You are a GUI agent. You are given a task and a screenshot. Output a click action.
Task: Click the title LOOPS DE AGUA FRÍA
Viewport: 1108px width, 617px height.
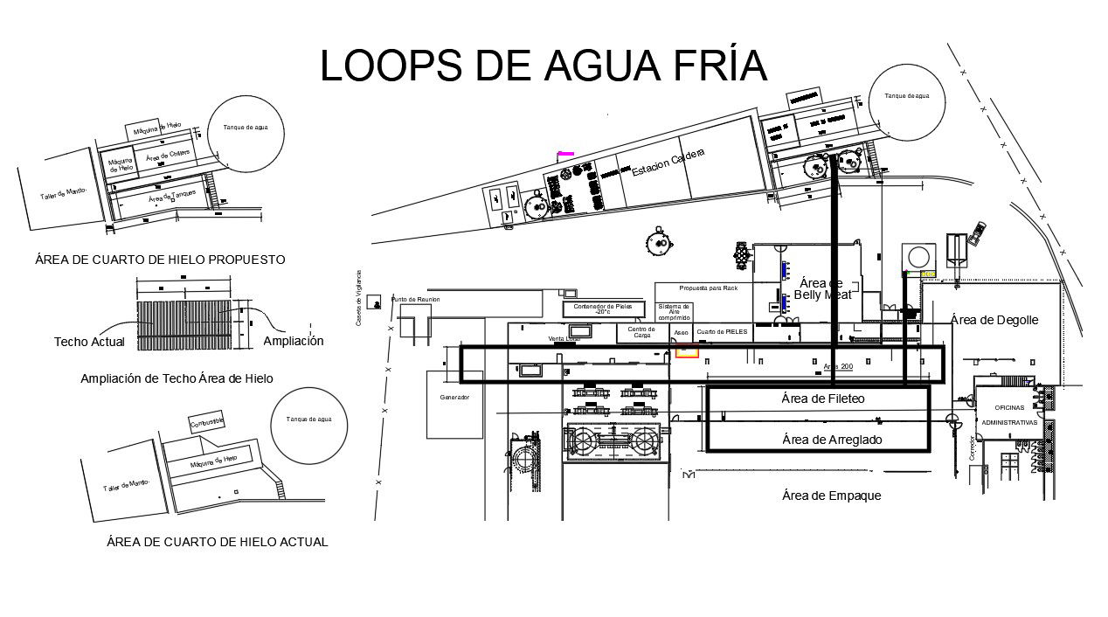[x=543, y=66]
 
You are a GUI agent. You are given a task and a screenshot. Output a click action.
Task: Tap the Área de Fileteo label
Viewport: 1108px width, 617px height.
[x=822, y=399]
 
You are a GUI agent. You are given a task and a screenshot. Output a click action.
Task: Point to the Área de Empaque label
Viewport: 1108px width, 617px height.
[x=831, y=496]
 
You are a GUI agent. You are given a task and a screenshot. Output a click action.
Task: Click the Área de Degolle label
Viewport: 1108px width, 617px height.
[x=994, y=320]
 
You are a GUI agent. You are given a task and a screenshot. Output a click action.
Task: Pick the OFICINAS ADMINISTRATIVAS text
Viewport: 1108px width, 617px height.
[x=1010, y=414]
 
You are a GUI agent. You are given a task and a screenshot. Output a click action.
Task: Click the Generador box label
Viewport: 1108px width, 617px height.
[x=454, y=398]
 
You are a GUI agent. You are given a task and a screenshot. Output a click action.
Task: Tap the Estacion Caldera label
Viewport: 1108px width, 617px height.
[x=668, y=163]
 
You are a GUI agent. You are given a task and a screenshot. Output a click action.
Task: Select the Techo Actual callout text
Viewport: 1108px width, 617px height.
[x=89, y=342]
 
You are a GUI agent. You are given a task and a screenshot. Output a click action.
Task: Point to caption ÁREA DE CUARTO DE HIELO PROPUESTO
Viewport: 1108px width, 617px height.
[x=160, y=260]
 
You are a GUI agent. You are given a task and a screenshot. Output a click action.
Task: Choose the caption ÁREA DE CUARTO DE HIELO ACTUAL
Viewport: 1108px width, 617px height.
[x=217, y=542]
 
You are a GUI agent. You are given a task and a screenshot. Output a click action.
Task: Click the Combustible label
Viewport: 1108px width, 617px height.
[x=207, y=422]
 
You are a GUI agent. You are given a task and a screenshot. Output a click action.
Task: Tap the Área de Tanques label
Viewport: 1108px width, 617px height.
[x=171, y=197]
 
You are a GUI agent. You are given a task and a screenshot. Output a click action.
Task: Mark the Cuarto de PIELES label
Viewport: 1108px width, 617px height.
[x=721, y=332]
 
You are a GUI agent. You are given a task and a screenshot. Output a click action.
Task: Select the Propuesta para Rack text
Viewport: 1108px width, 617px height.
[x=708, y=288]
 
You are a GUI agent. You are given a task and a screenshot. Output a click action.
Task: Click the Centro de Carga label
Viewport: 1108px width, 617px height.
[x=641, y=332]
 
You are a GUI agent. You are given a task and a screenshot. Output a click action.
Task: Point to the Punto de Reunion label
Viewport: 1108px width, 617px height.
[x=415, y=299]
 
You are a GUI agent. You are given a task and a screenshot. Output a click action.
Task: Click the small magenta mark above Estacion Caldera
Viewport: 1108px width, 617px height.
[x=565, y=154]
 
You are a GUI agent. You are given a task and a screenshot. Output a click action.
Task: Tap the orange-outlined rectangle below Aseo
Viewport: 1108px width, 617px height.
[x=687, y=351]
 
